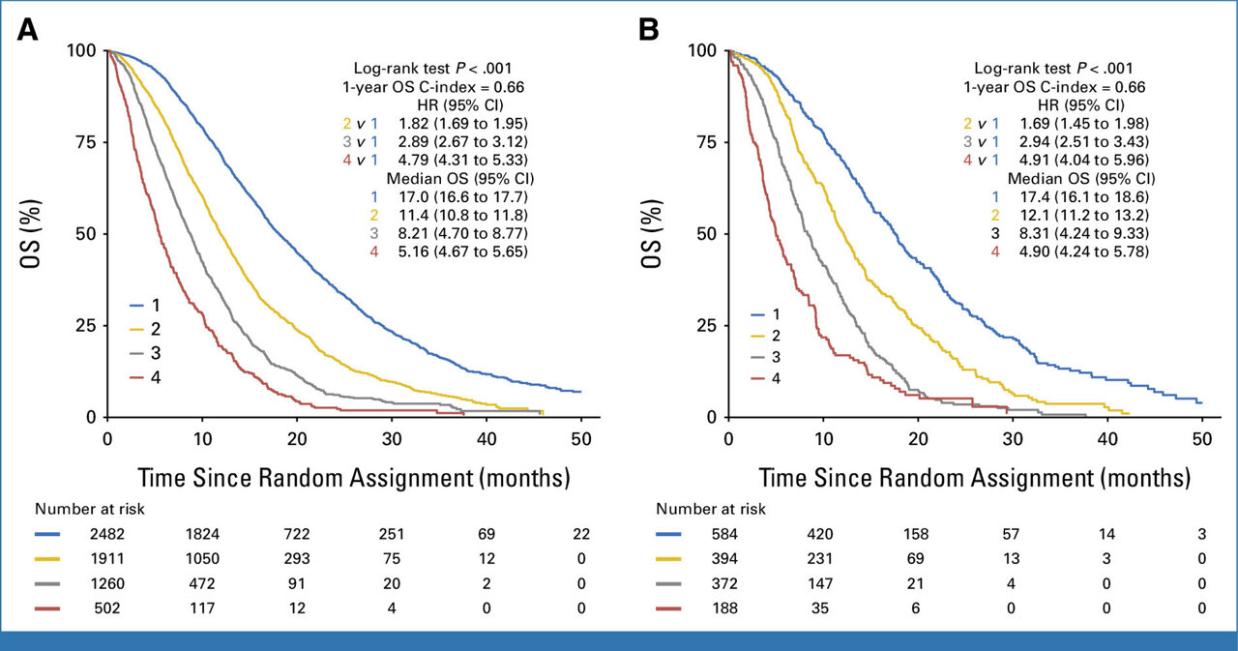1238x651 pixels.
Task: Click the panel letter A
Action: pyautogui.click(x=28, y=30)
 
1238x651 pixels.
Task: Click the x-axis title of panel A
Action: pyautogui.click(x=354, y=477)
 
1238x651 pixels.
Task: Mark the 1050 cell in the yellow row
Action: pyautogui.click(x=201, y=559)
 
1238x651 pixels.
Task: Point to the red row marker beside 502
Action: pyautogui.click(x=53, y=609)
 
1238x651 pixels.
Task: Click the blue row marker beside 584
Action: pyautogui.click(x=674, y=534)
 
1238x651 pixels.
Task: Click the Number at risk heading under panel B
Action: pyautogui.click(x=704, y=508)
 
